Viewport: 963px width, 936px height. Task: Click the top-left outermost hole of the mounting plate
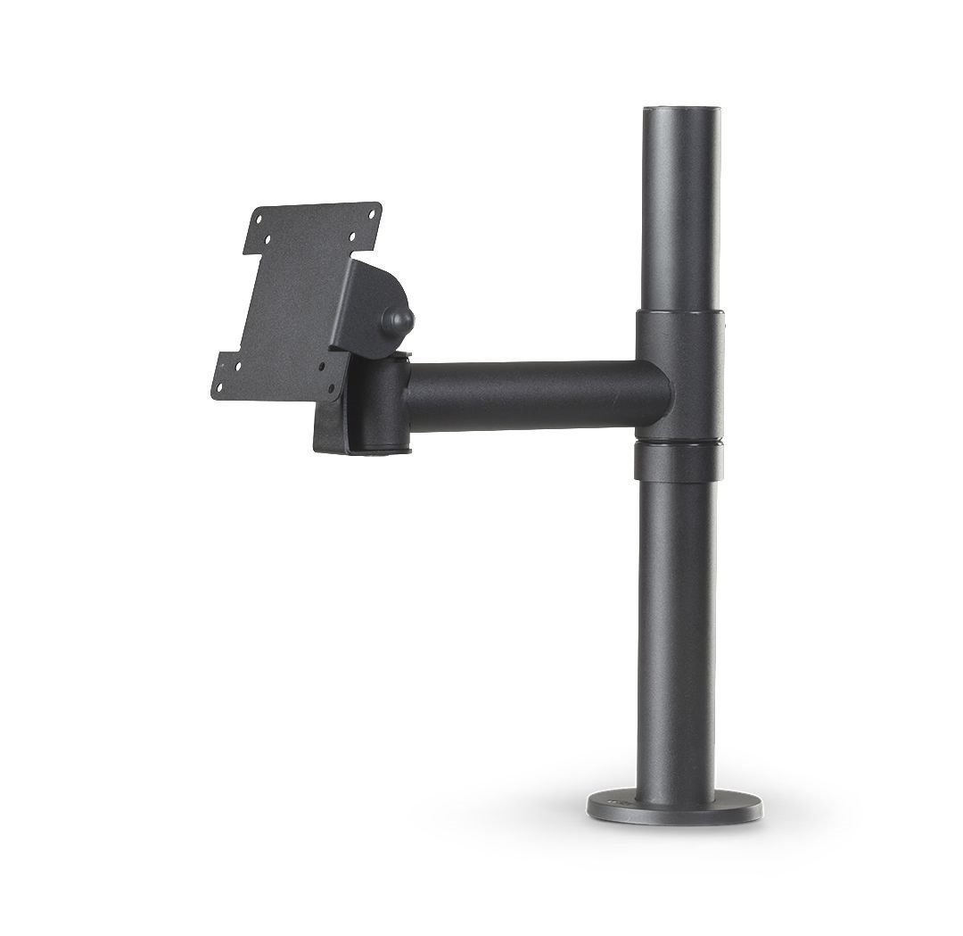pyautogui.click(x=259, y=220)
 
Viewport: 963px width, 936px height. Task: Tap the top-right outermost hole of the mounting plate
pyautogui.click(x=372, y=214)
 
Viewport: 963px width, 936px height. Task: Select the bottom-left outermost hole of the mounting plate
pyautogui.click(x=219, y=387)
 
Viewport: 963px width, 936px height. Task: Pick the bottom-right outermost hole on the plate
pyautogui.click(x=331, y=388)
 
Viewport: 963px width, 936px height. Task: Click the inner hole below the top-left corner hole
pyautogui.click(x=267, y=239)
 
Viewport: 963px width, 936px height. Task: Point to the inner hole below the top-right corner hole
pyautogui.click(x=352, y=236)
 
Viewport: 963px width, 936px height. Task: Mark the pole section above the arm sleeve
pyautogui.click(x=681, y=214)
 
